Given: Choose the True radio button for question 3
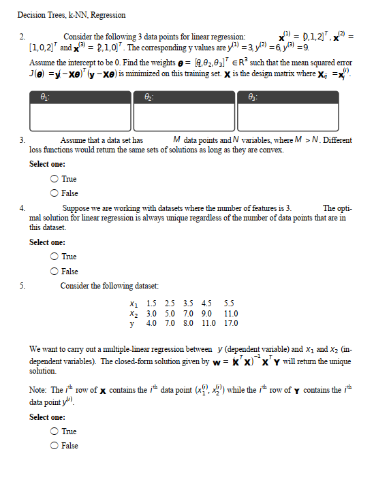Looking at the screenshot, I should pos(54,179).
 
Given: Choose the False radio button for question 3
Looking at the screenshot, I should pos(54,193).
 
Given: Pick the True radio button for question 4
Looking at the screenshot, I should pos(54,257).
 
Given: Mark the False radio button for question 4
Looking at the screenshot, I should pos(54,271).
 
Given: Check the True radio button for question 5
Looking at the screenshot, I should pos(54,431).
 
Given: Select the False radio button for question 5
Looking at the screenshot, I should pos(54,446).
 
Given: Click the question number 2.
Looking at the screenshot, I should pos(22,36).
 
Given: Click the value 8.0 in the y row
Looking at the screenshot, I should pos(189,323).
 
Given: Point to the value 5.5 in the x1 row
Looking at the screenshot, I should pos(229,304).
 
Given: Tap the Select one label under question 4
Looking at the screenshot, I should pos(48,242).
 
